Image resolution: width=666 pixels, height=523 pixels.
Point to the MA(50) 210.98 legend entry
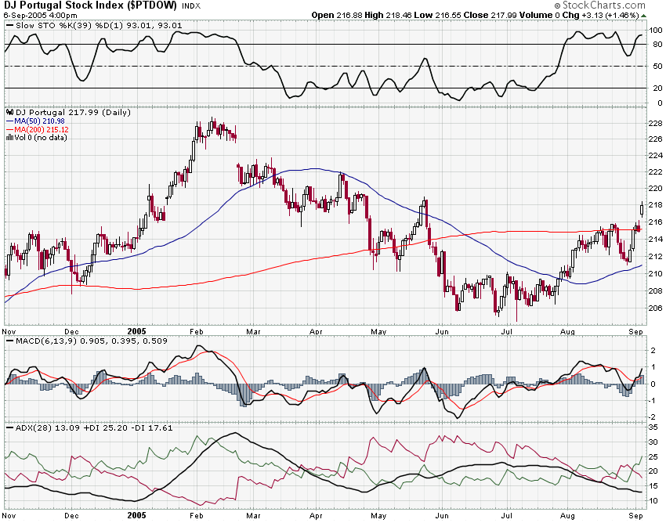pyautogui.click(x=42, y=121)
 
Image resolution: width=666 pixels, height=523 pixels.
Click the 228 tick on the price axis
pyautogui.click(x=654, y=123)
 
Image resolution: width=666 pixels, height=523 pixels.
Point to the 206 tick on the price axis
pyautogui.click(x=654, y=308)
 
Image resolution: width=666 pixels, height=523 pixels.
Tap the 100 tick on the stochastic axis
pyautogui.click(x=656, y=31)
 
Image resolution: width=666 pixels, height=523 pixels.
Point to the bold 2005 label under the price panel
pyautogui.click(x=136, y=331)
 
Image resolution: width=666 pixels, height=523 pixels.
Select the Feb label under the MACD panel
pyautogui.click(x=197, y=418)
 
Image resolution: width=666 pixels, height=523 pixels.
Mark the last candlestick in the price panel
pyautogui.click(x=642, y=207)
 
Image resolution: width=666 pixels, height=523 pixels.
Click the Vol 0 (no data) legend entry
pyautogui.click(x=40, y=138)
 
